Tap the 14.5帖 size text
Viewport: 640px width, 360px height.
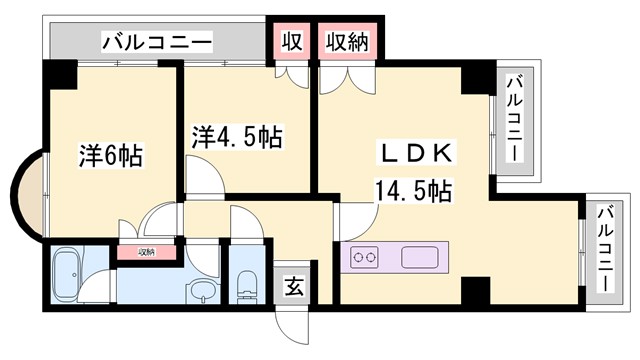tap(412, 189)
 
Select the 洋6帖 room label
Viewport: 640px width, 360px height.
tap(110, 156)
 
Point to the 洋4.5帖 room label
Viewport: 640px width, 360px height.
tap(237, 137)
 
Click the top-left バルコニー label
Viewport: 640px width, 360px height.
tap(157, 42)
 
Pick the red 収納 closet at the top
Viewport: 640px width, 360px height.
tap(345, 42)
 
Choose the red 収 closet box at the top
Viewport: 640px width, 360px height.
tap(292, 42)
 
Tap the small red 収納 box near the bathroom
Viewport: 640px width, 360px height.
tap(147, 251)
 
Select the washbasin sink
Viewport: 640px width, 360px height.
tap(204, 293)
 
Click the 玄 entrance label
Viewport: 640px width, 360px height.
tap(296, 287)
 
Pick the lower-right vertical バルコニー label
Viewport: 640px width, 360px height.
tap(603, 247)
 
